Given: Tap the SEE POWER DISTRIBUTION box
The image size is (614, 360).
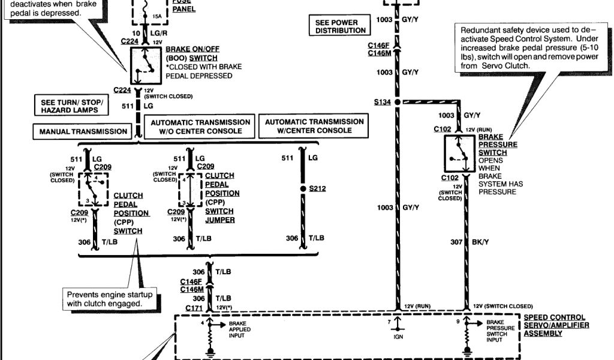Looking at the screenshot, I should point(336,26).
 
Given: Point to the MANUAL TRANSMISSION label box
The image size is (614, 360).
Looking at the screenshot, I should point(83,131).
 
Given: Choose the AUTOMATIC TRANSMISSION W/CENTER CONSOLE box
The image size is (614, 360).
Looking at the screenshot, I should point(314,126).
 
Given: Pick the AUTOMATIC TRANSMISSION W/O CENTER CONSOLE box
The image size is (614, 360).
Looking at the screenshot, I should point(200,127).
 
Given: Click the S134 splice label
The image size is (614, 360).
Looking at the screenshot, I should point(382,102).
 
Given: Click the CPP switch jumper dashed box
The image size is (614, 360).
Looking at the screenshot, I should point(190,189).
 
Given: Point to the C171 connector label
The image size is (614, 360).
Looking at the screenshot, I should point(192,307).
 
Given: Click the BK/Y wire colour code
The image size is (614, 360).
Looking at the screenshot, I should point(480,242).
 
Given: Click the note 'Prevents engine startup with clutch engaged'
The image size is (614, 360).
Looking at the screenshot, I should point(109,299).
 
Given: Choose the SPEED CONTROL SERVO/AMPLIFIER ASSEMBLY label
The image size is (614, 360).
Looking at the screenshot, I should point(556,325).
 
